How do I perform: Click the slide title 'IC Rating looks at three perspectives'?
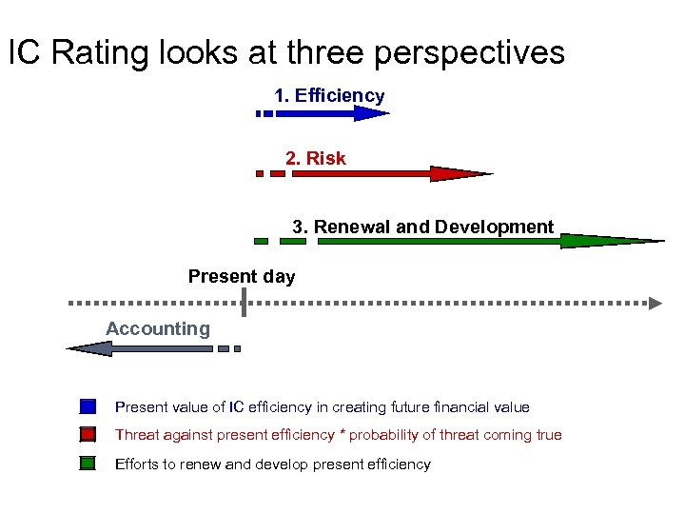286,52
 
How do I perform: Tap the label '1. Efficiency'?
329,95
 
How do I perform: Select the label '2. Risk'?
316,158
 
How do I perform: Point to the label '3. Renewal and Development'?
422,227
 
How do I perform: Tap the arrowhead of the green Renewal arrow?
609,241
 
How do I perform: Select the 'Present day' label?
242,277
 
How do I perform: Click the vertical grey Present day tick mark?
245,302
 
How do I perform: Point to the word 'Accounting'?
158,328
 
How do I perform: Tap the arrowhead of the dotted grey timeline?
655,303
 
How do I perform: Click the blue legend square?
88,406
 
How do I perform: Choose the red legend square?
88,435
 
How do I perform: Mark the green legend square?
88,464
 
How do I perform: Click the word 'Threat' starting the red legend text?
136,435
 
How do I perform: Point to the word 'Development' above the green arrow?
494,227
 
